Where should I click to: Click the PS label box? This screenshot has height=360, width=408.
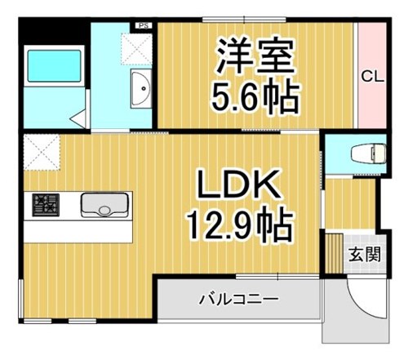pyautogui.click(x=144, y=25)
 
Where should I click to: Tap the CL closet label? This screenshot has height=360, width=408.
pyautogui.click(x=372, y=77)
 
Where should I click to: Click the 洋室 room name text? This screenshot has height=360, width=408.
pyautogui.click(x=255, y=56)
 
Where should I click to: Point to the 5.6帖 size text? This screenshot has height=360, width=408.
pyautogui.click(x=255, y=96)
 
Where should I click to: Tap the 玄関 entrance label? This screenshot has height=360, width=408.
pyautogui.click(x=365, y=255)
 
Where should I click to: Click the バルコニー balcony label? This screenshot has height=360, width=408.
pyautogui.click(x=239, y=300)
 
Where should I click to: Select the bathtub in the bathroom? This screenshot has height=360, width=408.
pyautogui.click(x=55, y=66)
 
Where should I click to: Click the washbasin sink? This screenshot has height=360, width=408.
pyautogui.click(x=140, y=88)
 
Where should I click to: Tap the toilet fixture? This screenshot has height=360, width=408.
pyautogui.click(x=369, y=154)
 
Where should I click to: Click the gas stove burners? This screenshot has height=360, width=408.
pyautogui.click(x=46, y=205)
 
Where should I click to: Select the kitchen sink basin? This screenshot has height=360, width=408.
pyautogui.click(x=104, y=205)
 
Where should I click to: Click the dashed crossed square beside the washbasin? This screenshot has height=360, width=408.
pyautogui.click(x=136, y=50)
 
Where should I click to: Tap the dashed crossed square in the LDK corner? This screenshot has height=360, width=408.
pyautogui.click(x=42, y=152)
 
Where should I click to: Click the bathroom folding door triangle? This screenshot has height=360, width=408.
pyautogui.click(x=78, y=118)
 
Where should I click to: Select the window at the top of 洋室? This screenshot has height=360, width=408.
pyautogui.click(x=244, y=20)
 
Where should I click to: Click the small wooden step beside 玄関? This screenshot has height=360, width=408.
pyautogui.click(x=335, y=253)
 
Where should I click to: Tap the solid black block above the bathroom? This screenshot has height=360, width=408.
pyautogui.click(x=54, y=30)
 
